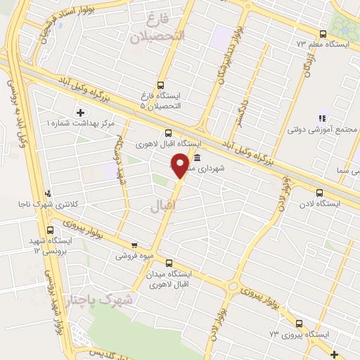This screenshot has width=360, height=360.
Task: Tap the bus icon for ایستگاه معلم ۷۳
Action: (x=323, y=34)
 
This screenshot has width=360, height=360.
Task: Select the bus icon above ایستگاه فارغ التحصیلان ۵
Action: (x=160, y=85)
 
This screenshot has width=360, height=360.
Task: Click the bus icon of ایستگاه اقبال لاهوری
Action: (x=168, y=132)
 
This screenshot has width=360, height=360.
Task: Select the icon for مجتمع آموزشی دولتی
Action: (x=323, y=119)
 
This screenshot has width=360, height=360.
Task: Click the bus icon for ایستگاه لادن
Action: (x=320, y=193)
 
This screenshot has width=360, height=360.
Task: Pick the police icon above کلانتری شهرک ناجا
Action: (x=48, y=193)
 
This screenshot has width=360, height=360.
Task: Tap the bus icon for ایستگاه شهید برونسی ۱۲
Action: (x=51, y=230)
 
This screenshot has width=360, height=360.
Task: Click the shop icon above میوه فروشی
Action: (x=134, y=245)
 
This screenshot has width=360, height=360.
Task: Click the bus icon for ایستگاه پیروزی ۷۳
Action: (x=300, y=323)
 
